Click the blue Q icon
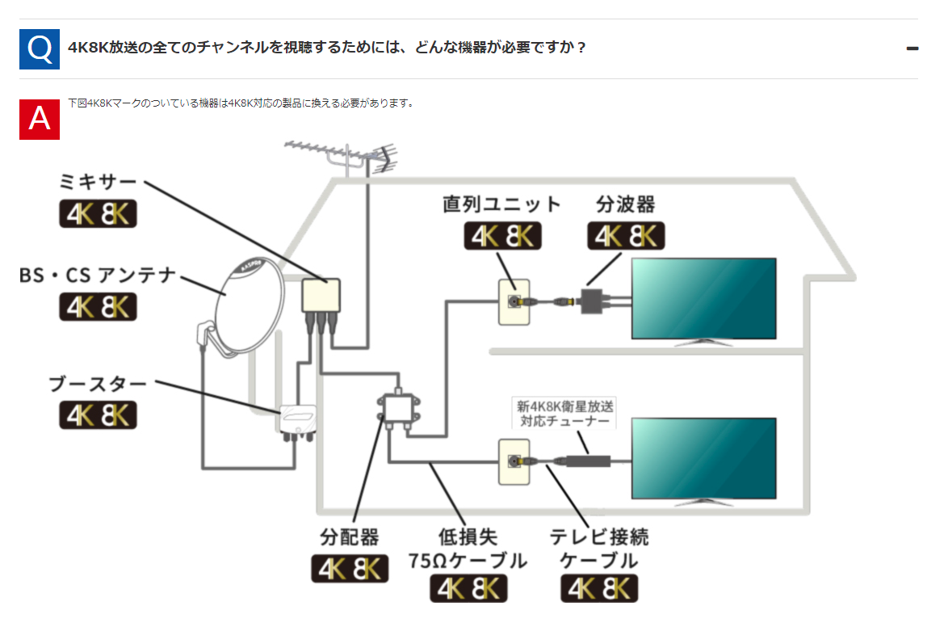point(40,48)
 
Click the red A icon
point(40,119)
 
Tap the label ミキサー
point(98,181)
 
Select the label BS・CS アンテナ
point(98,276)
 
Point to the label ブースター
point(98,384)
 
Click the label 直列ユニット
point(501,204)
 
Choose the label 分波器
point(625,204)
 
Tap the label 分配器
point(350,536)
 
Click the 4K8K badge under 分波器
point(626,235)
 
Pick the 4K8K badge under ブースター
point(98,414)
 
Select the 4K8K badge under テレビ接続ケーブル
point(599,587)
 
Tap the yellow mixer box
point(321,295)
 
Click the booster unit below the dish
point(296,421)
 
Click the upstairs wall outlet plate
point(512,302)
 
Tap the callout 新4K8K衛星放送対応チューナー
point(564,414)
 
